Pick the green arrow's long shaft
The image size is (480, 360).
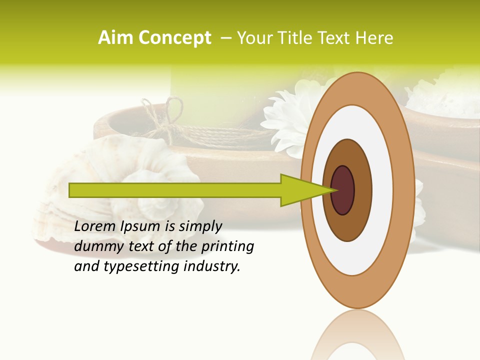coord(175,190)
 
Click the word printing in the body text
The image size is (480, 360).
coord(227,247)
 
